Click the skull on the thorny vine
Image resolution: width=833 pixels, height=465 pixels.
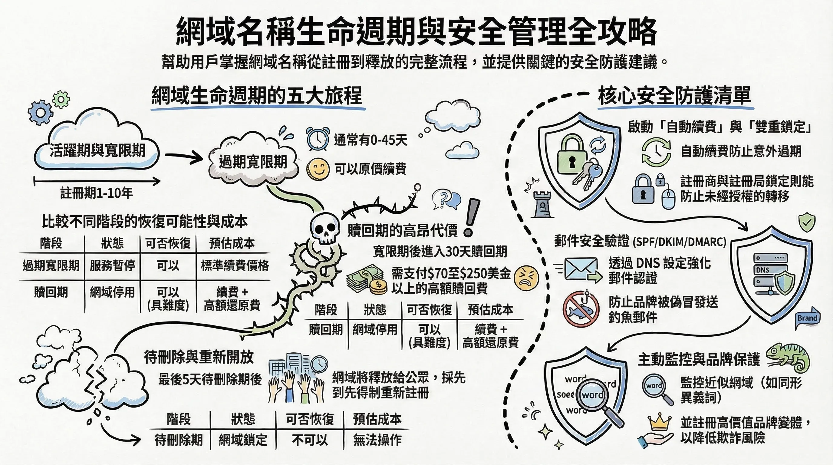(x=325, y=228)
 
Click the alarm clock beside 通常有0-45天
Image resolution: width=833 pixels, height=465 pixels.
(x=318, y=139)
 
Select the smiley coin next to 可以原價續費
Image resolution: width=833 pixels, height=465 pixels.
(x=318, y=169)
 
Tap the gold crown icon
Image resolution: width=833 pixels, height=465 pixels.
(x=660, y=422)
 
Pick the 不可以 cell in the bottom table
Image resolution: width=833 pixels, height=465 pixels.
(x=309, y=440)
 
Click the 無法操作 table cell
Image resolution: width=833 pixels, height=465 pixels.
(x=377, y=440)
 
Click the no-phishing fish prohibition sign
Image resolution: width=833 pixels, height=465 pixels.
(x=581, y=308)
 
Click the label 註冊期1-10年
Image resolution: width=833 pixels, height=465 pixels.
(x=96, y=193)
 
